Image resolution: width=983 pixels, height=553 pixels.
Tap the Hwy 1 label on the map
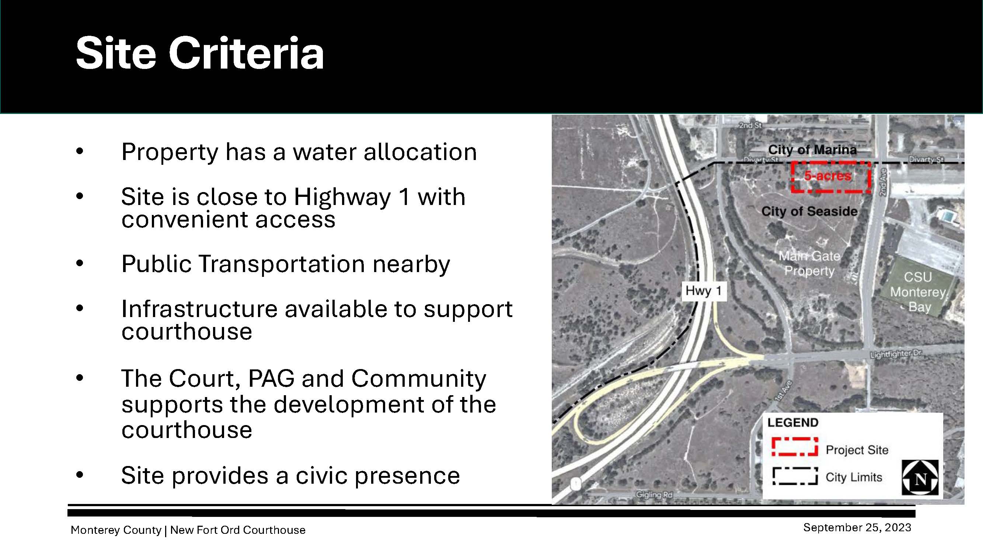704,291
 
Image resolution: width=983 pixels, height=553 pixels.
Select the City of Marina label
812,150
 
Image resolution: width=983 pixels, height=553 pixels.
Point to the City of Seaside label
809,211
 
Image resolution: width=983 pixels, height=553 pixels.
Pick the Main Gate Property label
809,263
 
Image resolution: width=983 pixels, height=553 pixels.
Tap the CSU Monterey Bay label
918,292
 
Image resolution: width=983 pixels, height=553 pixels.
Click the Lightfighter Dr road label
896,354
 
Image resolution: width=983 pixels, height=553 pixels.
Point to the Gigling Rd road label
654,495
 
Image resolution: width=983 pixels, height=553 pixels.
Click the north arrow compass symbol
920,478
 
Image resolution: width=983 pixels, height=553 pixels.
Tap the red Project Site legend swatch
795,446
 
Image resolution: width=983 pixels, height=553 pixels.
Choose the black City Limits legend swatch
795,476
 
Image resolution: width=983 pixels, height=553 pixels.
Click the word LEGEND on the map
793,422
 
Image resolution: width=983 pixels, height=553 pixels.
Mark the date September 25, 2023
857,528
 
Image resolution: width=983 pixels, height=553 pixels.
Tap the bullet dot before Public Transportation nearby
79,263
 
